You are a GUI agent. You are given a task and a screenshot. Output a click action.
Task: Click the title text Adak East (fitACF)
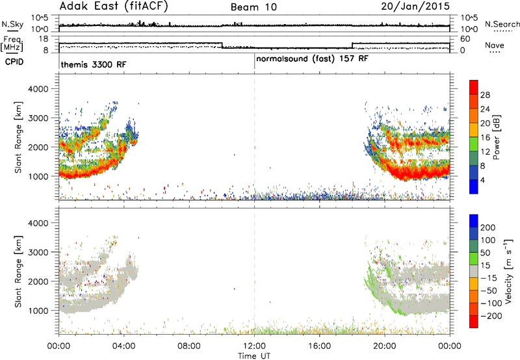[114, 6]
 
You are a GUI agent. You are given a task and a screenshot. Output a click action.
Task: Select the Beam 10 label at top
[253, 7]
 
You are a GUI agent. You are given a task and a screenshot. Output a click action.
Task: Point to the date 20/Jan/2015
[415, 6]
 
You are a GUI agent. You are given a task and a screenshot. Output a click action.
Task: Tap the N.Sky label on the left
[12, 24]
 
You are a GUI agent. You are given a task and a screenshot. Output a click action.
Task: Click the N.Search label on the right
[502, 24]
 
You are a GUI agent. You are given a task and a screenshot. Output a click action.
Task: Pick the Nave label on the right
[495, 45]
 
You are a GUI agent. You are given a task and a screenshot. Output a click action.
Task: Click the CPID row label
[14, 62]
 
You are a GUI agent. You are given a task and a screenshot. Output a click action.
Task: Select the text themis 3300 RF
[94, 64]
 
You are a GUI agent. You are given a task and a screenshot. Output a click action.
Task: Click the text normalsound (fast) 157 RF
[312, 59]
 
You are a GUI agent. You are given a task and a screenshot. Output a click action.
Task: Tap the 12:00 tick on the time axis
[254, 346]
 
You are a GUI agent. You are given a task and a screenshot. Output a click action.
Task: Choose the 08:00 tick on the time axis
[189, 346]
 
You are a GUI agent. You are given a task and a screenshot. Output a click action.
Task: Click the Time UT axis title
[254, 356]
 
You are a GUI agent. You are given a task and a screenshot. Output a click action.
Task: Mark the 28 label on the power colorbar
[485, 95]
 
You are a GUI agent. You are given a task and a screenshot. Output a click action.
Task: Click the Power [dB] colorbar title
[496, 137]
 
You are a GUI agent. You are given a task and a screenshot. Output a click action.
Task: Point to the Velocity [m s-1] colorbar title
[508, 271]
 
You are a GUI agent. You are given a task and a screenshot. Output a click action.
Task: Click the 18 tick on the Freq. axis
[44, 39]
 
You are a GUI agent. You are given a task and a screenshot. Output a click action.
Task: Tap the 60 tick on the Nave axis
[465, 39]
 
